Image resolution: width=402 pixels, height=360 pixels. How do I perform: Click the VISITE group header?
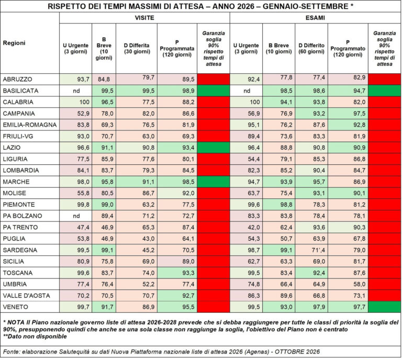[x=144, y=18]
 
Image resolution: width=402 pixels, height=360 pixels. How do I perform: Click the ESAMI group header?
[x=315, y=18]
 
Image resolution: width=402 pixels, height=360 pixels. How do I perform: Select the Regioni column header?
[x=14, y=43]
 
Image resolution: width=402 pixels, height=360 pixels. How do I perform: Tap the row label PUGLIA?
[x=14, y=239]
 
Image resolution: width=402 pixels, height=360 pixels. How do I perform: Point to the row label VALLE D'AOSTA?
[x=26, y=296]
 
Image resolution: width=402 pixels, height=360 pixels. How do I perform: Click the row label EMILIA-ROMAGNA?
[x=30, y=125]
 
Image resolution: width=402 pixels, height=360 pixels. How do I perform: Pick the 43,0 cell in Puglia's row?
[x=149, y=239]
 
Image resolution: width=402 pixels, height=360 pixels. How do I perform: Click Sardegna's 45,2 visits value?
[x=149, y=250]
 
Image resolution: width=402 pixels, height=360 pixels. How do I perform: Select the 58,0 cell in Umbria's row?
[x=360, y=284]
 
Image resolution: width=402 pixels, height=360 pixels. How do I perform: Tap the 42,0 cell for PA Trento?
[x=254, y=227]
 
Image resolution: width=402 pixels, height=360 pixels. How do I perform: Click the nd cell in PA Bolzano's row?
[x=76, y=216]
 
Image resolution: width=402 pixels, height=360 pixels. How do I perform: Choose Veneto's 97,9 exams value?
[x=319, y=307]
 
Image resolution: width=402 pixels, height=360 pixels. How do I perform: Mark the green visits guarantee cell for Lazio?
[x=214, y=148]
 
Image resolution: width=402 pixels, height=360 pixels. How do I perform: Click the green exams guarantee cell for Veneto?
[x=384, y=307]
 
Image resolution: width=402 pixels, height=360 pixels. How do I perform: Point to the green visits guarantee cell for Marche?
[x=214, y=182]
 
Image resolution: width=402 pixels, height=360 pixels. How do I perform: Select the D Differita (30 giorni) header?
[x=137, y=49]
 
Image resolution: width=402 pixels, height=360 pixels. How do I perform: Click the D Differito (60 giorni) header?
[x=311, y=49]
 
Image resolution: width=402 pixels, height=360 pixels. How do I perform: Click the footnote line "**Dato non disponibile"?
[x=35, y=336]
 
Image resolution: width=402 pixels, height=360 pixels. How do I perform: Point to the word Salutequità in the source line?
[x=74, y=352]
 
